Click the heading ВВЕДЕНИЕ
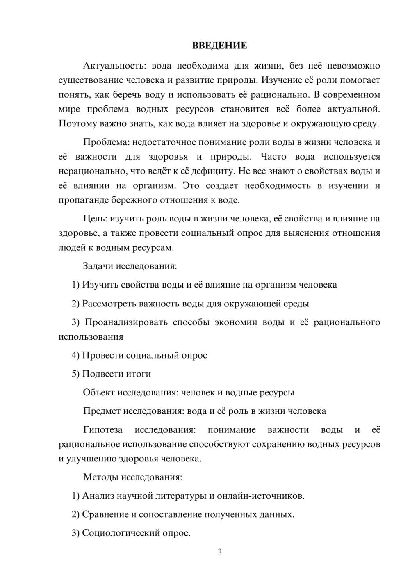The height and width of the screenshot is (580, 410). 219,46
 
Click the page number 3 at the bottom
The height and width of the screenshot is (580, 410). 219,552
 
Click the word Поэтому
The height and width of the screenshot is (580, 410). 78,123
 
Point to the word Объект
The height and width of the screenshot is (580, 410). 99,393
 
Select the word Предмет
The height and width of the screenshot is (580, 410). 102,411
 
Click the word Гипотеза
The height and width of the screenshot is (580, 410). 103,430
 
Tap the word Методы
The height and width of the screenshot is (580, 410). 99,477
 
